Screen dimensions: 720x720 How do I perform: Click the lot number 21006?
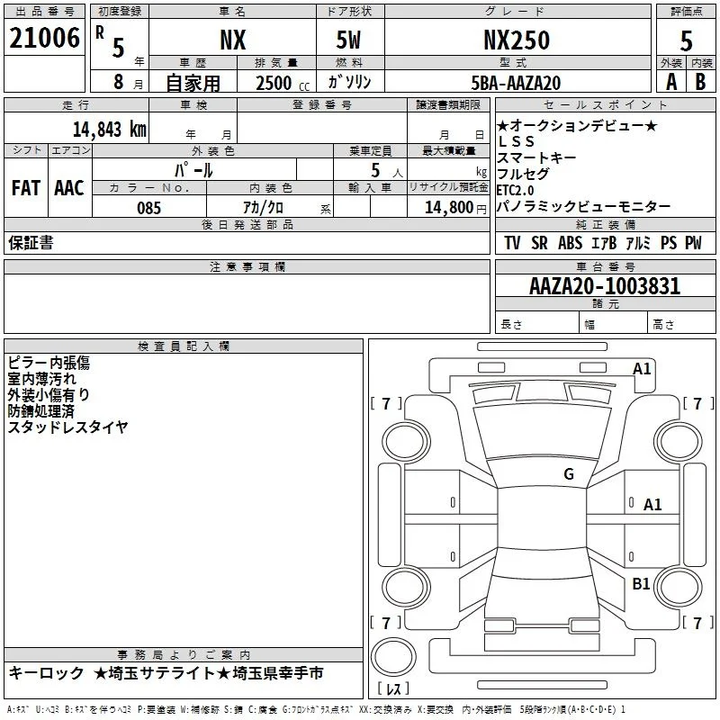(x=44, y=38)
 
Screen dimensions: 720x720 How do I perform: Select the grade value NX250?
(x=517, y=40)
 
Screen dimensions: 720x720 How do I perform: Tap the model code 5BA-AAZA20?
(x=516, y=83)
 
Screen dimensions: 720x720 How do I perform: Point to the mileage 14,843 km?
(x=110, y=129)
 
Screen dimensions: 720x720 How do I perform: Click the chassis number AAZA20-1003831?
(x=605, y=286)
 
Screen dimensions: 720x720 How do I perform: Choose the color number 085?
(x=148, y=208)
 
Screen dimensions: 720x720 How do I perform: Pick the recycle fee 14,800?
(x=448, y=207)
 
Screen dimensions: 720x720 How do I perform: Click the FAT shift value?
(x=26, y=188)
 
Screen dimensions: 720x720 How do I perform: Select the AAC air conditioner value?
(x=69, y=188)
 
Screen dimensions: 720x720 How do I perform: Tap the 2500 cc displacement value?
(x=283, y=83)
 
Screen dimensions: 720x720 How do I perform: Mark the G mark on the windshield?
(x=569, y=473)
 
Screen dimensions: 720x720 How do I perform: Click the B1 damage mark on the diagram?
(x=641, y=583)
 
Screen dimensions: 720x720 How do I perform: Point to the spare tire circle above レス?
(x=393, y=657)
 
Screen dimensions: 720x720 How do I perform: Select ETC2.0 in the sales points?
(x=515, y=190)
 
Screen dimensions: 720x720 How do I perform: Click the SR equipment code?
(x=539, y=243)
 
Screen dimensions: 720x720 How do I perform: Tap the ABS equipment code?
(x=570, y=243)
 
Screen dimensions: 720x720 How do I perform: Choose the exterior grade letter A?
(x=671, y=82)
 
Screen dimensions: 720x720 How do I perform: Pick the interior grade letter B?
(x=700, y=82)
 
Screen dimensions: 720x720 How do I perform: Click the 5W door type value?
(x=348, y=40)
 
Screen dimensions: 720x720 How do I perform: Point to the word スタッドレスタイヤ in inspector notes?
(x=68, y=427)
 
